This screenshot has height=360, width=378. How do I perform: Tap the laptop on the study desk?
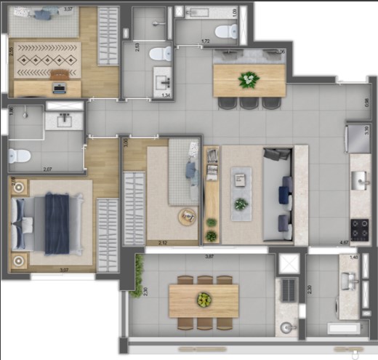click(59, 88)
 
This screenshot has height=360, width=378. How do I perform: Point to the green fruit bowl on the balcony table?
click(204, 298)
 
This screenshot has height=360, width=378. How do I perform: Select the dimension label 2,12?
click(152, 243)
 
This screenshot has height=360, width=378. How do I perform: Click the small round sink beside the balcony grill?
click(291, 327)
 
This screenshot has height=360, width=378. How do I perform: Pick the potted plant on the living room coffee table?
click(241, 204)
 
